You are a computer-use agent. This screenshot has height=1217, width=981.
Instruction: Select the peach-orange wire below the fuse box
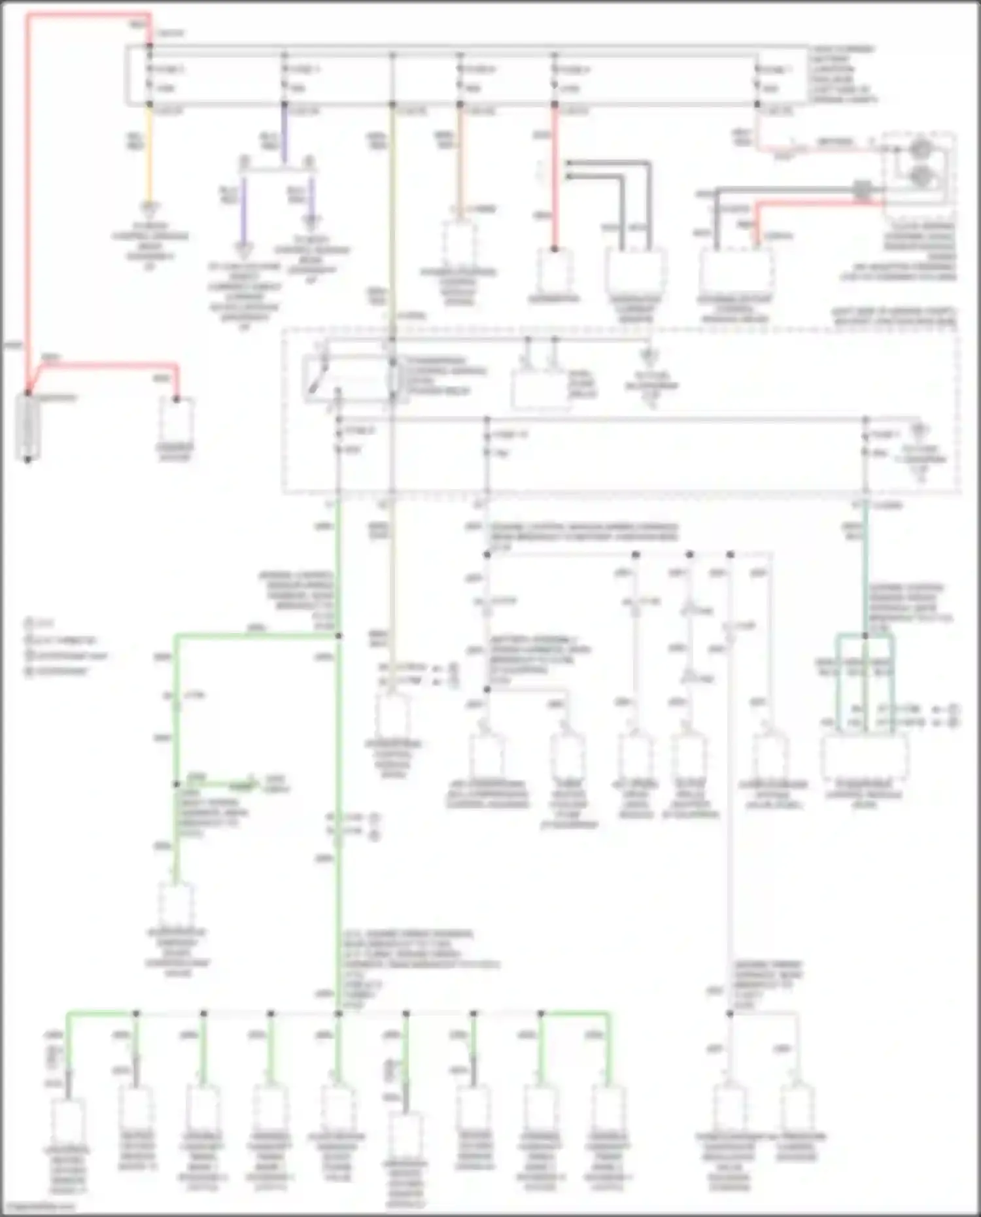(x=460, y=157)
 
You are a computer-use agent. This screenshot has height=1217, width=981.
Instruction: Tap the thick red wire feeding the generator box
(x=555, y=177)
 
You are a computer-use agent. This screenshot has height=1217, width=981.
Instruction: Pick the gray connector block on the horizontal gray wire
(x=862, y=190)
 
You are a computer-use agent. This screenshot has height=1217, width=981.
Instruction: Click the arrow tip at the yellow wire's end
(x=150, y=209)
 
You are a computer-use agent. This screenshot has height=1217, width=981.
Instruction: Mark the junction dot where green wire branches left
(x=339, y=635)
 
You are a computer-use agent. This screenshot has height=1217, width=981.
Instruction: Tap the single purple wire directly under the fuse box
(x=284, y=134)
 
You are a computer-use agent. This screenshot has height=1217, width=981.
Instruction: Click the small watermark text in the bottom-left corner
(x=39, y=1207)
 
